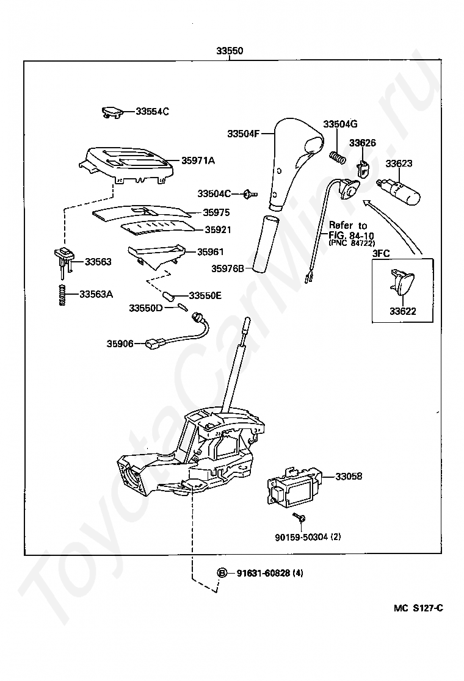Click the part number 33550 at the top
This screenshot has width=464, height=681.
(230, 51)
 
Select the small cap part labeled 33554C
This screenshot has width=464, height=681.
(112, 112)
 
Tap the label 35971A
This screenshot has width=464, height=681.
(198, 160)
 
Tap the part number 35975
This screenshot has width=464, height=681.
(216, 212)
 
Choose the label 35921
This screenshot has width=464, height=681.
(218, 230)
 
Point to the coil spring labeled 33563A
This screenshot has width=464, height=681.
(63, 295)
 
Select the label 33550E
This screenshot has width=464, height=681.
(205, 296)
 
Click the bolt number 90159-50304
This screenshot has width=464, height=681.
(302, 537)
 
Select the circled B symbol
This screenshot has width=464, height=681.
(222, 573)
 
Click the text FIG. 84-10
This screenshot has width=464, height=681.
(351, 236)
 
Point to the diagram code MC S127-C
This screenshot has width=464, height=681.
(418, 608)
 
